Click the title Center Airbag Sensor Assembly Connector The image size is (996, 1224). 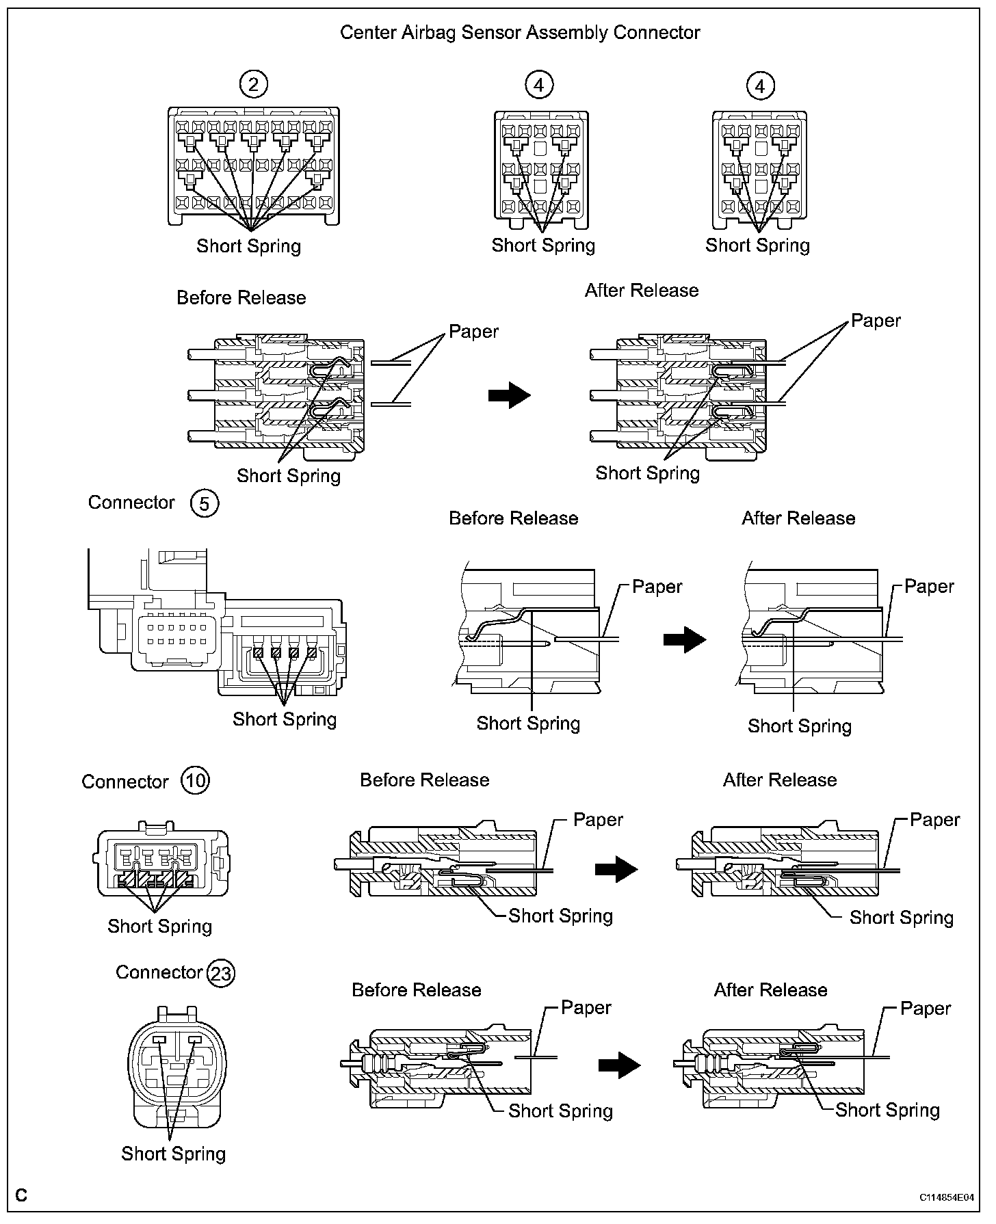click(x=520, y=32)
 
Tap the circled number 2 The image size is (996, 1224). click(x=254, y=85)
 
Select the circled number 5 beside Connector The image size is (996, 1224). click(x=205, y=503)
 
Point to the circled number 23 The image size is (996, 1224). click(x=220, y=972)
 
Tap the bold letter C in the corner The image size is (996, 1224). click(x=22, y=1195)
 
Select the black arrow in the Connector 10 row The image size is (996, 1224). click(x=616, y=869)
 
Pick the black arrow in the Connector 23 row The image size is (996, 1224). click(x=619, y=1065)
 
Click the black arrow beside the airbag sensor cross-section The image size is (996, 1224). click(x=510, y=395)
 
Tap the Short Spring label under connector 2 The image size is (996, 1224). click(x=248, y=246)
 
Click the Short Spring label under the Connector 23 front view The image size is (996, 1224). click(x=173, y=1154)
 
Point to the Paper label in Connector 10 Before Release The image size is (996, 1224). click(x=598, y=819)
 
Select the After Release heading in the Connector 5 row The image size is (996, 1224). click(x=798, y=518)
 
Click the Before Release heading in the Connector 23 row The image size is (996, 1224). click(x=416, y=990)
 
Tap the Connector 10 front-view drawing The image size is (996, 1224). click(x=163, y=860)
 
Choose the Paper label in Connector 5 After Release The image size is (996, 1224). click(x=928, y=587)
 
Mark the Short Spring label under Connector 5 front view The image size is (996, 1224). click(x=285, y=719)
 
